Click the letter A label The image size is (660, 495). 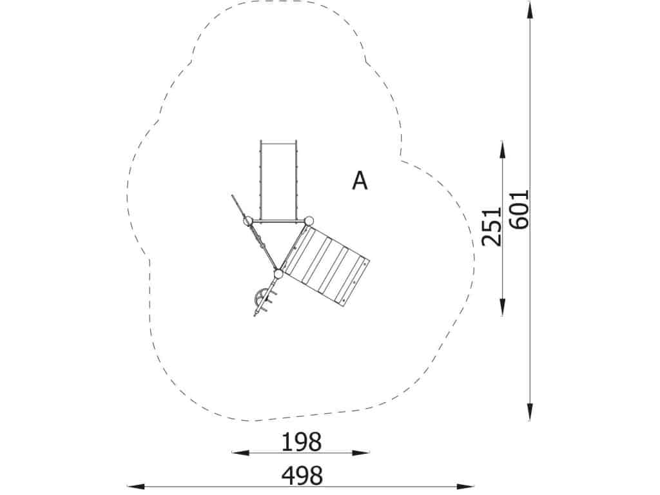click(x=360, y=180)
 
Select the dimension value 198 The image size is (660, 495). click(x=302, y=442)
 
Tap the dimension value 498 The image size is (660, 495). click(x=302, y=476)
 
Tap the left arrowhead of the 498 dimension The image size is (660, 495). click(x=135, y=487)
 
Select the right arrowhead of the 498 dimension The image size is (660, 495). click(x=467, y=487)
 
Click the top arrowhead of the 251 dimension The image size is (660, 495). click(x=503, y=150)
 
